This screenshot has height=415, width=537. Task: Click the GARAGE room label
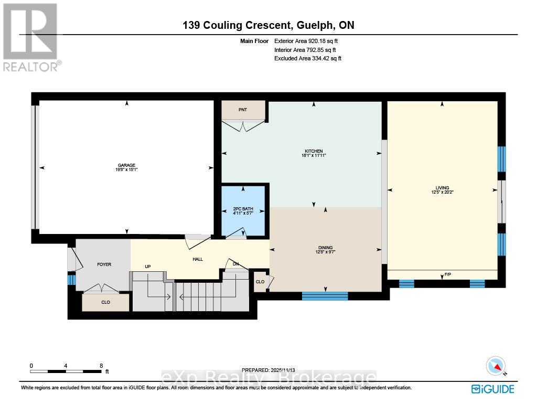126,165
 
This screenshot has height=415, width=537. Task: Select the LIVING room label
442,188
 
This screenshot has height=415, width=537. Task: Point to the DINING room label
325,248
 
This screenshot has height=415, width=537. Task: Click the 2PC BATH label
243,209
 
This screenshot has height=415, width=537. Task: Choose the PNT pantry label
242,110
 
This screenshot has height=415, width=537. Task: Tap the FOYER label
104,264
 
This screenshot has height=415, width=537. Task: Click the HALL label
197,259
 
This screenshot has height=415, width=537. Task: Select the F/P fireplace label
448,274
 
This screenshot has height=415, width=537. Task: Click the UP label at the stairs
148,267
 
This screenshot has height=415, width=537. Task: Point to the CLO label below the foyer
105,302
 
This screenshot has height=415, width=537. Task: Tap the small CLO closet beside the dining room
260,282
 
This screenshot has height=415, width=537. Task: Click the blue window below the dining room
325,296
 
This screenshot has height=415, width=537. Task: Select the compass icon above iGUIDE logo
496,366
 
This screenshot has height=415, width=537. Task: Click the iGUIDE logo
492,389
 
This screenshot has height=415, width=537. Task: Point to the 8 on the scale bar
101,365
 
